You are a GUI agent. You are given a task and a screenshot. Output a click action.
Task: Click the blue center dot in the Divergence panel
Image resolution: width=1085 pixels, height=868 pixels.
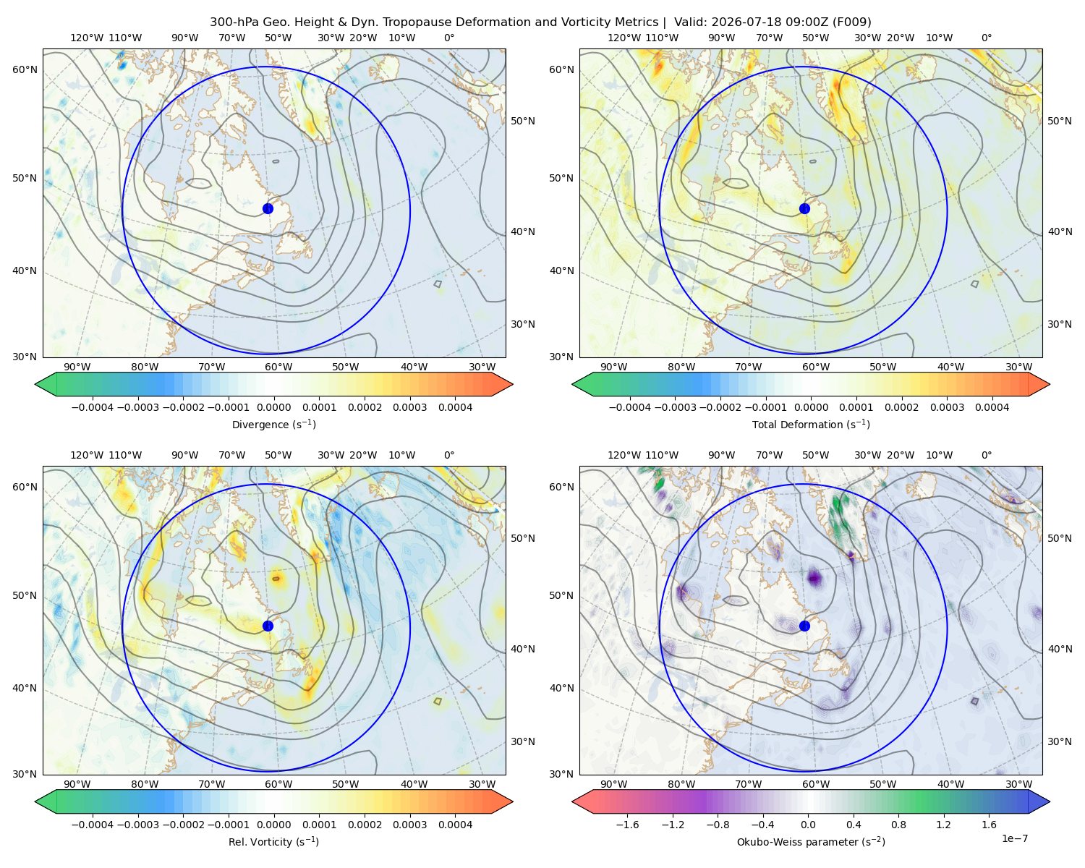pyautogui.click(x=268, y=208)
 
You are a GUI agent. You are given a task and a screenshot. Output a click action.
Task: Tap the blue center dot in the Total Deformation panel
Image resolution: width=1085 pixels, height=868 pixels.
pyautogui.click(x=804, y=208)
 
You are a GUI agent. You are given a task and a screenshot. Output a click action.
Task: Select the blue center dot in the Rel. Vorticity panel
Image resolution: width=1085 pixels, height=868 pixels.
pyautogui.click(x=268, y=626)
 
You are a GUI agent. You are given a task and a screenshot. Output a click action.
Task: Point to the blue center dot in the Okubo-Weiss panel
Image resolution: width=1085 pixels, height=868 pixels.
pyautogui.click(x=804, y=626)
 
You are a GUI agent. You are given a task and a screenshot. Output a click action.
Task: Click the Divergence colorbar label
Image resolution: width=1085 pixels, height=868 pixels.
pyautogui.click(x=273, y=424)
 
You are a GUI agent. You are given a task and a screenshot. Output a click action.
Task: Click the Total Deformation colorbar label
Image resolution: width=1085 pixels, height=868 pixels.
pyautogui.click(x=811, y=424)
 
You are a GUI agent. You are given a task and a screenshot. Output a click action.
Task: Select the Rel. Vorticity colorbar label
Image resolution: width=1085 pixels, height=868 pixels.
pyautogui.click(x=273, y=841)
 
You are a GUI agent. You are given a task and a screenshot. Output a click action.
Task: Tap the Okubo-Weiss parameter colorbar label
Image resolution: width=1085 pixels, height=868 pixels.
pyautogui.click(x=811, y=841)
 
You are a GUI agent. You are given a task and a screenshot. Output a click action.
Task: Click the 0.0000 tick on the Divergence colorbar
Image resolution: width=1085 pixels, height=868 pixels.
pyautogui.click(x=273, y=407)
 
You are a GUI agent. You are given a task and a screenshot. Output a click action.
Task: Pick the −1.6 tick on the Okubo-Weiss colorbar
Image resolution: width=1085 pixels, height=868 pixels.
pyautogui.click(x=627, y=825)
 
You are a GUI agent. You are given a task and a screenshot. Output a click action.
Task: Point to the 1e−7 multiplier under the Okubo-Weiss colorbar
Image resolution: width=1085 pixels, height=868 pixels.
pyautogui.click(x=1014, y=838)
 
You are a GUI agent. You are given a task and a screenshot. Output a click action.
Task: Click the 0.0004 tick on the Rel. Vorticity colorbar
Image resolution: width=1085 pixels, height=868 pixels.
pyautogui.click(x=455, y=825)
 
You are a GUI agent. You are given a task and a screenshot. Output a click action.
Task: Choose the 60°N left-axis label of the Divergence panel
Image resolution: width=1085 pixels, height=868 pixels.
pyautogui.click(x=25, y=69)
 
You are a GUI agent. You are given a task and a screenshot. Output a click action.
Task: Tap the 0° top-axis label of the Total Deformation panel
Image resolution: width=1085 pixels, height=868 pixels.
pyautogui.click(x=986, y=38)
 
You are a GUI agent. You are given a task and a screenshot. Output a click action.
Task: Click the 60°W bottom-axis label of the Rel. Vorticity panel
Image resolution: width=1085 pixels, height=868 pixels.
pyautogui.click(x=278, y=784)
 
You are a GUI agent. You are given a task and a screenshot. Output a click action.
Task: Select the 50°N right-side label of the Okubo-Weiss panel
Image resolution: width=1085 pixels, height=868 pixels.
pyautogui.click(x=1059, y=538)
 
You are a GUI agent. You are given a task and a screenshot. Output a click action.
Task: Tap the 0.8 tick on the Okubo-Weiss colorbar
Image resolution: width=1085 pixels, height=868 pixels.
pyautogui.click(x=898, y=825)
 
